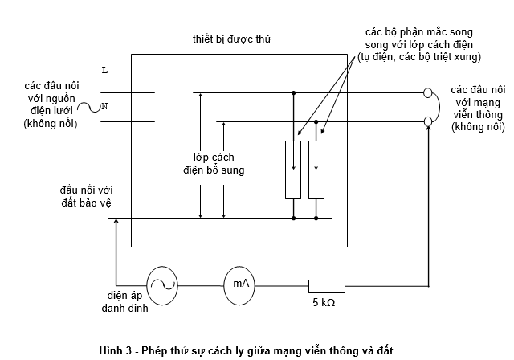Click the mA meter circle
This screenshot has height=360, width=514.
pos(240,284)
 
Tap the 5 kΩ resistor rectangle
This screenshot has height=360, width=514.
pos(327,285)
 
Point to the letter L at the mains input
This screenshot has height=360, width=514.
pos(104,71)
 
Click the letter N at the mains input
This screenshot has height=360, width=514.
pos(104,106)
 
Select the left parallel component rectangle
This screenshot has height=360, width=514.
pos(293,169)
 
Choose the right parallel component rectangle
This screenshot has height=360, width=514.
pos(317,169)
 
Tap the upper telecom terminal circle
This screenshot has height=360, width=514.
pos(427,92)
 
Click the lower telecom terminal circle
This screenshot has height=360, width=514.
pos(427,121)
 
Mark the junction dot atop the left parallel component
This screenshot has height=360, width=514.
pos(293,92)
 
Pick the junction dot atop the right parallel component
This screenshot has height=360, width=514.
pos(317,121)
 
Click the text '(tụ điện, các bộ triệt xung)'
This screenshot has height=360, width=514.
pos(418,58)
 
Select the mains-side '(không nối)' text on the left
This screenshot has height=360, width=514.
pos(53,123)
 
